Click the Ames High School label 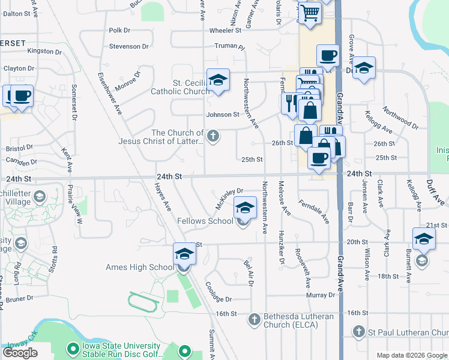[139, 267]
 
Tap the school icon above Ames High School [184, 254]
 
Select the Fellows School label [205, 221]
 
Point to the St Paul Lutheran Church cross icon [358, 331]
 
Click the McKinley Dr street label [228, 199]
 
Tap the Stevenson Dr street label [128, 46]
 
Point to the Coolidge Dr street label [218, 292]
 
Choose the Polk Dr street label [119, 30]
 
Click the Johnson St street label [223, 114]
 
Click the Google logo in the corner [20, 353]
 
